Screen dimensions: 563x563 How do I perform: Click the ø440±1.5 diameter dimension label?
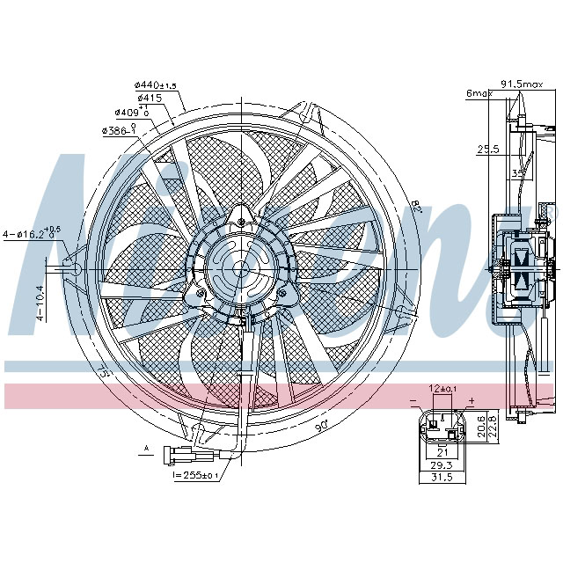pos(156,84)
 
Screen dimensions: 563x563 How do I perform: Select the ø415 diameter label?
pos(149,98)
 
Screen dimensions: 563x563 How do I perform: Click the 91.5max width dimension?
pos(523,84)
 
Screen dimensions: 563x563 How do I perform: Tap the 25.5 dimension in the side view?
pos(488,150)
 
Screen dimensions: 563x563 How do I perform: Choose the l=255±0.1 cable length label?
pos(196,475)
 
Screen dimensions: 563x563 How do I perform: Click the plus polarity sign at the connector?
pos(472,401)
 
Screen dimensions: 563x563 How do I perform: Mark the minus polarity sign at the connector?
pos(412,401)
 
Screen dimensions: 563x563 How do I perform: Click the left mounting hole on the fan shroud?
pos(74,267)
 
